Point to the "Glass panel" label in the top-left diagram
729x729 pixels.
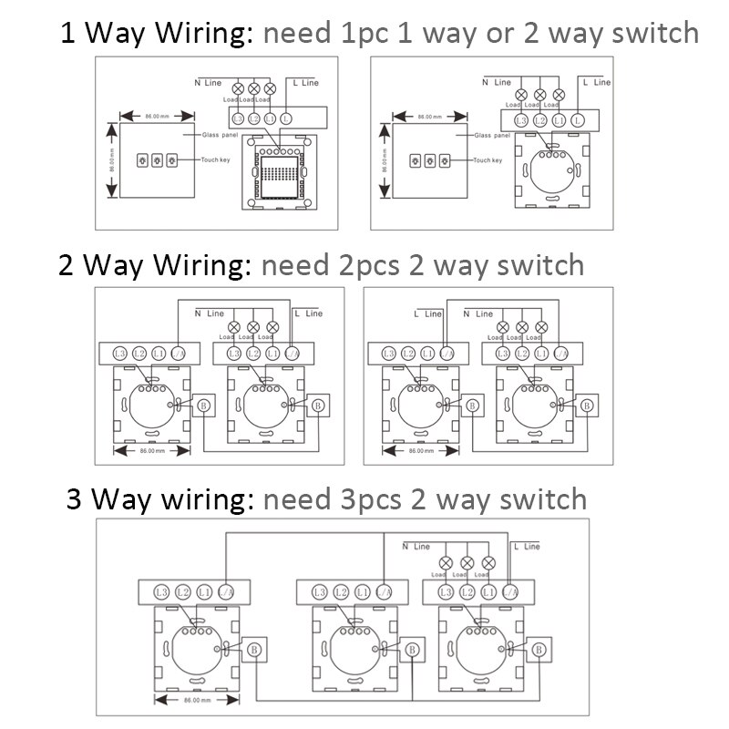[205, 134]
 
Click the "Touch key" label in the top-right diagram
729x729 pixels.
[488, 160]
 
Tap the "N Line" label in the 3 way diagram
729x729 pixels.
[416, 547]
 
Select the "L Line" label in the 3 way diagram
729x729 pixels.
[527, 547]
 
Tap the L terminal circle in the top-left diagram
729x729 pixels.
[286, 118]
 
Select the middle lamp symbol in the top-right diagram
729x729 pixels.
[539, 95]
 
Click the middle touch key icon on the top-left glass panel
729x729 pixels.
[156, 160]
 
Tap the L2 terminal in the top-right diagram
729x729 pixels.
[539, 119]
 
